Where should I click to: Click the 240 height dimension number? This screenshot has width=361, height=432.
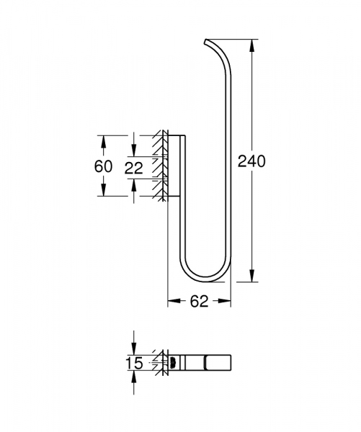click(x=251, y=161)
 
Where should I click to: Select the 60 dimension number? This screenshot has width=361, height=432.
click(x=104, y=166)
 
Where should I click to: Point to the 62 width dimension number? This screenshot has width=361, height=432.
click(x=200, y=302)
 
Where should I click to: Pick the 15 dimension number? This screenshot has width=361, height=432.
click(x=134, y=364)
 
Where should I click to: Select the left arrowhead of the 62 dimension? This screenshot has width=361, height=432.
click(x=173, y=302)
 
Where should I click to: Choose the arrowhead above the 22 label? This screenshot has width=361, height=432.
click(x=134, y=151)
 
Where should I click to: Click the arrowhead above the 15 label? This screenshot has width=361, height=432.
click(x=134, y=350)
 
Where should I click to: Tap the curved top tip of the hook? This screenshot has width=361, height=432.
click(x=208, y=40)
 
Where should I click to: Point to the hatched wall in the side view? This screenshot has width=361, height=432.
click(x=156, y=166)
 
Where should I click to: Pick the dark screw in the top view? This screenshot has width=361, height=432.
click(x=172, y=361)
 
